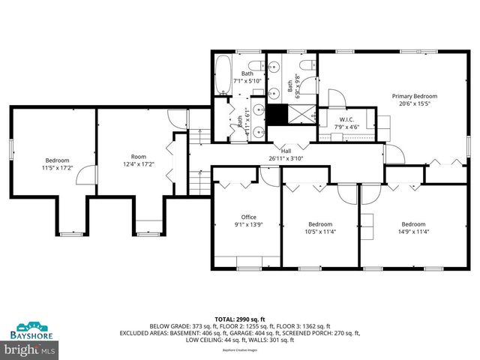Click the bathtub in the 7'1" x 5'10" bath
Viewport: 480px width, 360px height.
point(223,76)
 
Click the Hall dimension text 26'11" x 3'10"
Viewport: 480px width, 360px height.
point(285,158)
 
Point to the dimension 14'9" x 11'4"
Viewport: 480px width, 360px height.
point(412,231)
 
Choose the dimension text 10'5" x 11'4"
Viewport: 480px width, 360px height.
point(320,231)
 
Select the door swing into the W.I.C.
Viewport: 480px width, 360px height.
point(336,97)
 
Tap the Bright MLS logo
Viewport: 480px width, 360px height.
point(30,349)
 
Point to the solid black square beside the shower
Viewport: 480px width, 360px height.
point(278,116)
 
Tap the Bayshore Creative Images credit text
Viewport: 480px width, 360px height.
point(240,349)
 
